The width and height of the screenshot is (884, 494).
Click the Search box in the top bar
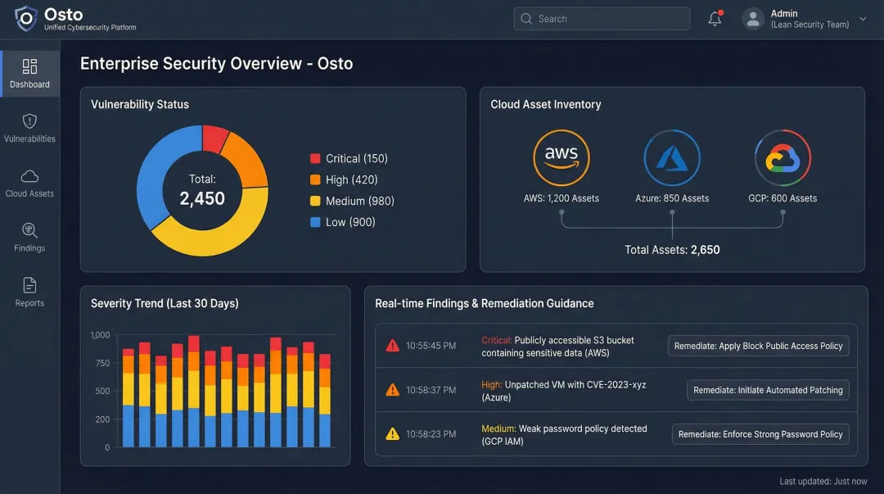[602, 19]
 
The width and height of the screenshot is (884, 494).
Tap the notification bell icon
[715, 19]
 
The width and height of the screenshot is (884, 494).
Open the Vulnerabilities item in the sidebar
[29, 128]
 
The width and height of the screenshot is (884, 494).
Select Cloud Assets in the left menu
[29, 183]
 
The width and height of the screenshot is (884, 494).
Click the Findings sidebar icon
[29, 237]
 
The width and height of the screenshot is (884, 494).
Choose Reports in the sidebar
[29, 292]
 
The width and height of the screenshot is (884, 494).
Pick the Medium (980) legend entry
[351, 201]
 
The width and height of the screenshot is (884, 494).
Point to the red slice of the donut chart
[214, 138]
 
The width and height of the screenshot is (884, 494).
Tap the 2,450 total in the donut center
[202, 198]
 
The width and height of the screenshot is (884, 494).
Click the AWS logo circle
[562, 158]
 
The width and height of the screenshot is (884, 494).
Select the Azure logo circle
[672, 158]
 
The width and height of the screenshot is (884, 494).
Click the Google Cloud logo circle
[783, 158]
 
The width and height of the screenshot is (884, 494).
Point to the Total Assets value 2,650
[705, 250]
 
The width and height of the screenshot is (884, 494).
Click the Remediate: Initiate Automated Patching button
[768, 390]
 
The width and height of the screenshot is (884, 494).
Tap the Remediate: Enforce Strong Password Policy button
[760, 434]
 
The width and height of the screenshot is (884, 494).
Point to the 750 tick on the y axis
[102, 363]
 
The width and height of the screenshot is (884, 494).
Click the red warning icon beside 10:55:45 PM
[393, 346]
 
